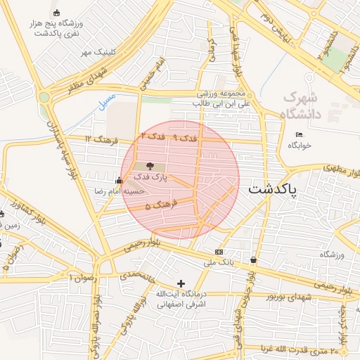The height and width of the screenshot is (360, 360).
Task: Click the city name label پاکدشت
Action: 273,189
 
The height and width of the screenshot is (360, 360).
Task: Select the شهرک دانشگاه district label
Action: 300,105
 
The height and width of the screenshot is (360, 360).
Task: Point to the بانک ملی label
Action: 218,262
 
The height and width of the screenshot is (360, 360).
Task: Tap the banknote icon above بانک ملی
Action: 219,252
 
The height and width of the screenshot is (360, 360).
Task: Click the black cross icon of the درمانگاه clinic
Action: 181,283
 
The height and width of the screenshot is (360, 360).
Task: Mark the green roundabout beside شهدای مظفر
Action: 46,97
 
